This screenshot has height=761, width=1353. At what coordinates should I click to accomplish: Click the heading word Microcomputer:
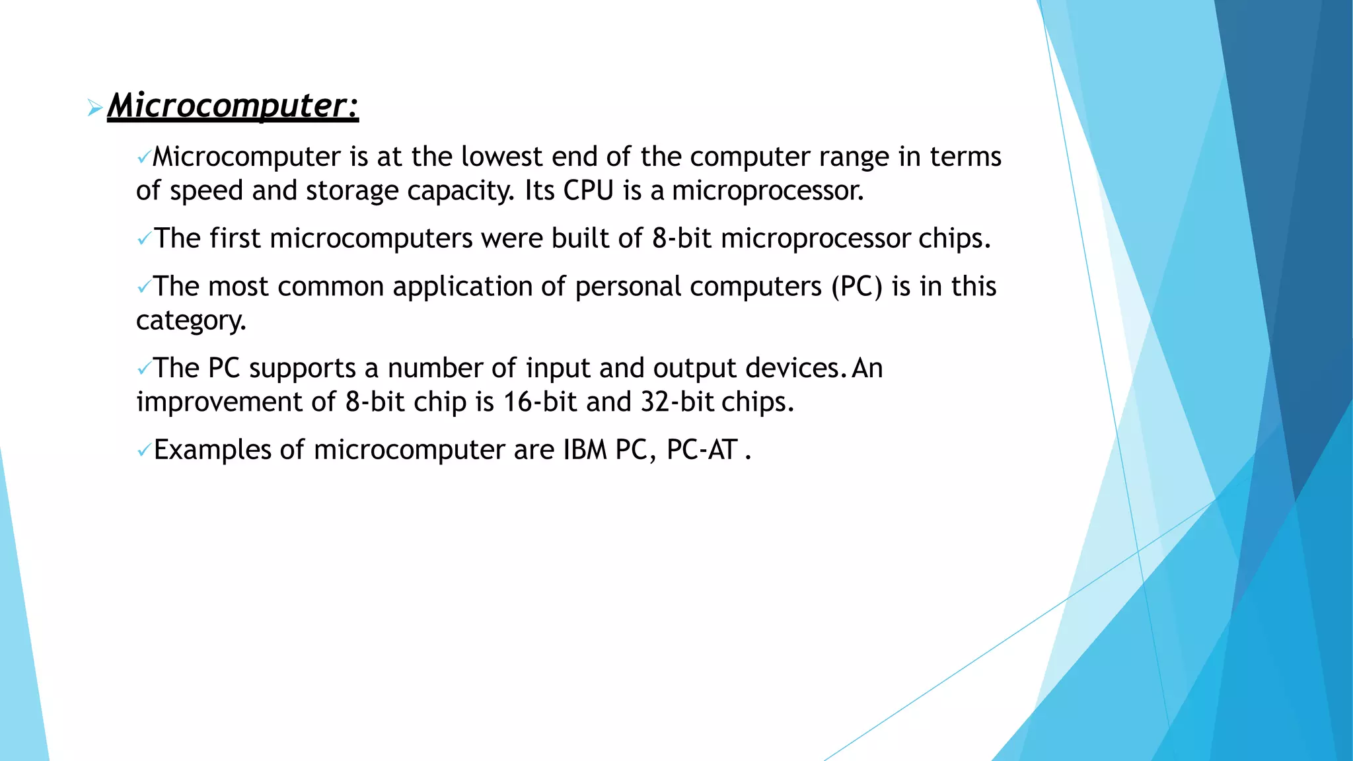click(233, 106)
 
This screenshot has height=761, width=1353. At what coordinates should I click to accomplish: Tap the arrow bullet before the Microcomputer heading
click(94, 108)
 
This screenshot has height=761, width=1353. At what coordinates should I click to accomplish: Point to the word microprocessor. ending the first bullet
click(768, 191)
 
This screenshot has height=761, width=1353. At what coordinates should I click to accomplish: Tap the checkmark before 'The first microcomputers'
click(143, 239)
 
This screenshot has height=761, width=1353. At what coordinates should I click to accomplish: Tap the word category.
click(191, 321)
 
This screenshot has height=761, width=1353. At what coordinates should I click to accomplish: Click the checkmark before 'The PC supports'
click(143, 369)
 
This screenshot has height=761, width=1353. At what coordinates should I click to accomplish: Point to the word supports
click(303, 369)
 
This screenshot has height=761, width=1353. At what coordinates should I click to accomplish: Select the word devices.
click(795, 368)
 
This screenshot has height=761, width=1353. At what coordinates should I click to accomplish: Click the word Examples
click(212, 450)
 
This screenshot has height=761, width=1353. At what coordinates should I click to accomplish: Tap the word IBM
click(585, 450)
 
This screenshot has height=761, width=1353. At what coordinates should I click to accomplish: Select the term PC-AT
click(702, 450)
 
